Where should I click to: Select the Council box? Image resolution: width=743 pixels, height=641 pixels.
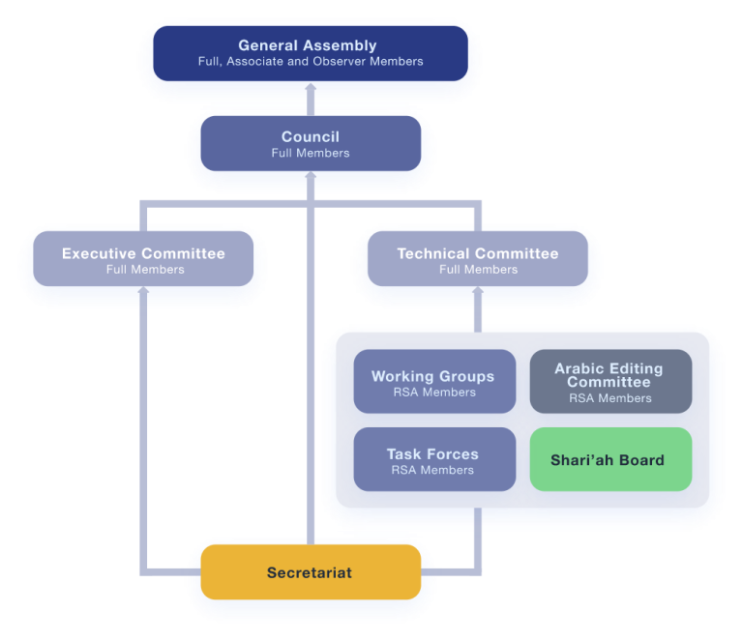[x=310, y=144]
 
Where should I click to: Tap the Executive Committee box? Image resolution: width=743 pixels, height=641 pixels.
[x=143, y=260]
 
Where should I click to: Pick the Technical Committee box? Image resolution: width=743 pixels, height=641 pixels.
[x=478, y=260]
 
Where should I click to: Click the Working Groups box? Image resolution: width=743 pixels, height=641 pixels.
[x=433, y=383]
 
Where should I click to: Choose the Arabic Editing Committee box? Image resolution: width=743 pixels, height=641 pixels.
[x=609, y=383]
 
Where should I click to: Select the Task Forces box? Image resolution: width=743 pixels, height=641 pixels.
[x=433, y=460]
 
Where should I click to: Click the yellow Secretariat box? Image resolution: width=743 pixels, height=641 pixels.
[x=310, y=573]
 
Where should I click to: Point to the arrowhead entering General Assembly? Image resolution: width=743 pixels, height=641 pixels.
[x=310, y=87]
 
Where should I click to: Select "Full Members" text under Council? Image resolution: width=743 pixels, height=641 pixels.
[x=310, y=153]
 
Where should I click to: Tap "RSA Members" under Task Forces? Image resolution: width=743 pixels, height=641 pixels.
[x=432, y=470]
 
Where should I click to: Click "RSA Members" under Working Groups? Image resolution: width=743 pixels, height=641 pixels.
[x=432, y=393]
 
